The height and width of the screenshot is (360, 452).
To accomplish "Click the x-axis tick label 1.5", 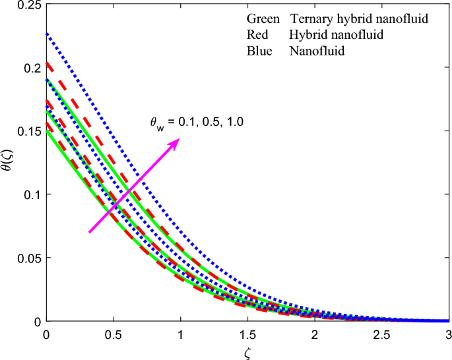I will pos(247,335).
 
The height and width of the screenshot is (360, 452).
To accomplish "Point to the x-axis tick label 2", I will pos(313,335).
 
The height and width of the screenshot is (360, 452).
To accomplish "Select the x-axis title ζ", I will pos(246,352).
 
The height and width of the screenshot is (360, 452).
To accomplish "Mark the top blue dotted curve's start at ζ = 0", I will pos(46,32).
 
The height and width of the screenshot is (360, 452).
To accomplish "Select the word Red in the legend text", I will pos(256,35).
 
